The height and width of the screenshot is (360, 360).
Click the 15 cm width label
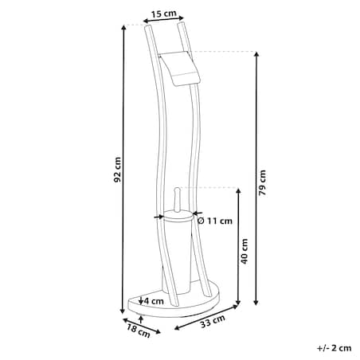pyautogui.click(x=164, y=13)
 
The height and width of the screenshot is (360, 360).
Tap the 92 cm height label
pyautogui.click(x=117, y=170)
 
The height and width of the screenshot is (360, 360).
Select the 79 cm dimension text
pyautogui.click(x=262, y=182)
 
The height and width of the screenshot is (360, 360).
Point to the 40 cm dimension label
pyautogui.click(x=245, y=251)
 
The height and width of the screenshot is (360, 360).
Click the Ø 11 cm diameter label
pyautogui.click(x=215, y=221)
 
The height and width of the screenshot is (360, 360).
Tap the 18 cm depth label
pyautogui.click(x=139, y=331)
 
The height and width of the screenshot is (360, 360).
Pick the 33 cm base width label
pyautogui.click(x=213, y=321)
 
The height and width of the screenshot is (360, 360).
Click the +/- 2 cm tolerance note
pyautogui.click(x=334, y=348)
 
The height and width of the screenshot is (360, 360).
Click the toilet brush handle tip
pyautogui.click(x=177, y=189)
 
